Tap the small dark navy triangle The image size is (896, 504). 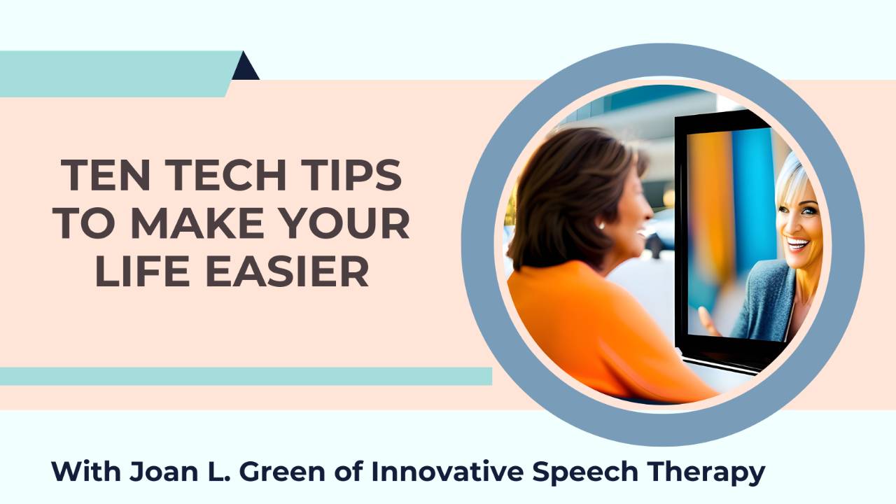(245, 68)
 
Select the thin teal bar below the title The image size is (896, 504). (245, 376)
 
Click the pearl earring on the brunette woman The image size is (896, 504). (601, 225)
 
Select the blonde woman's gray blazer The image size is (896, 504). (763, 301)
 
